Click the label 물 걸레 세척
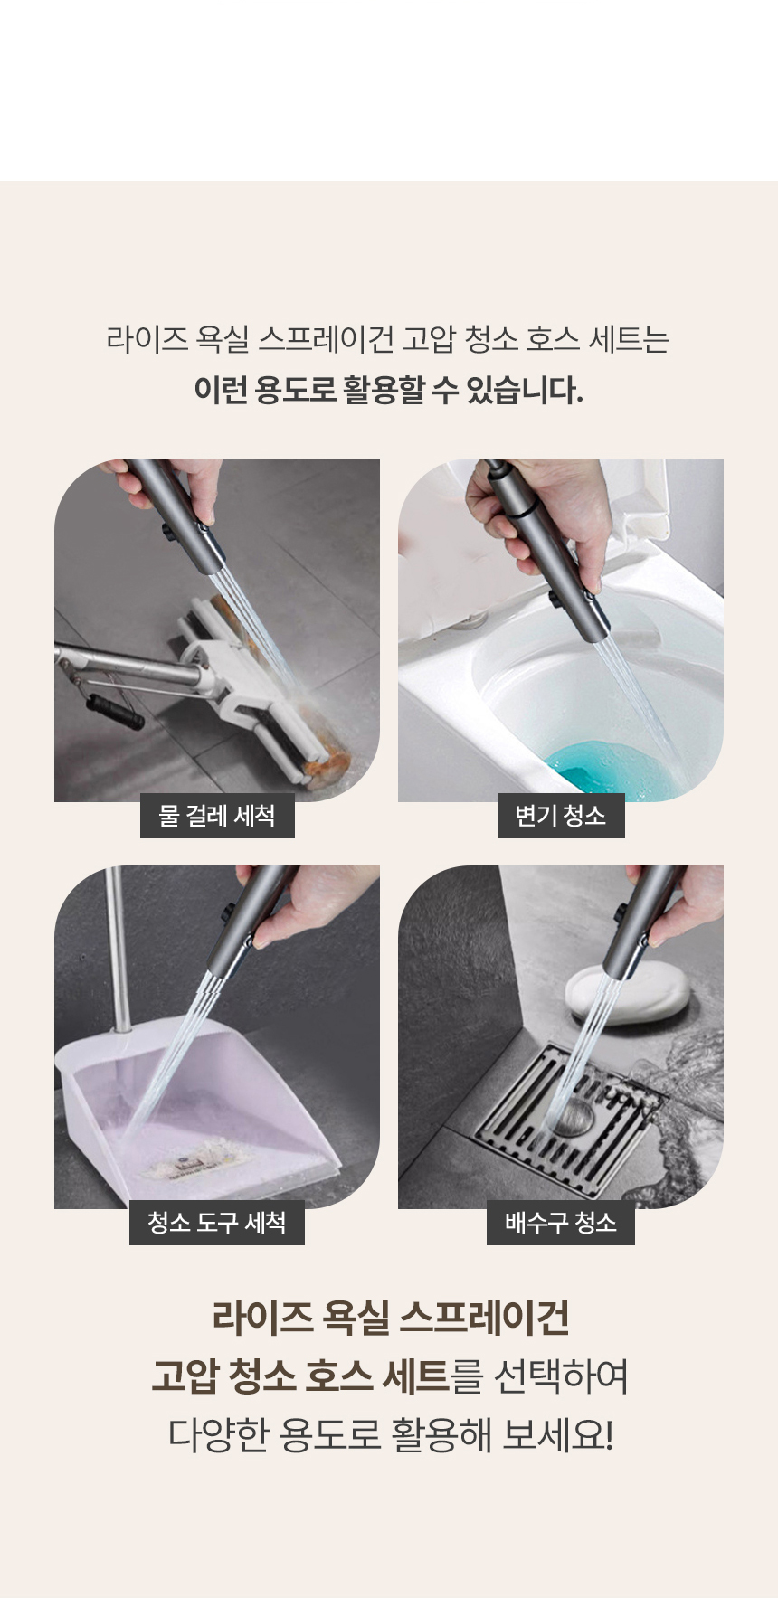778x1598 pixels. click(x=217, y=816)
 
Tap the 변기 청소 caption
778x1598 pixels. click(x=561, y=816)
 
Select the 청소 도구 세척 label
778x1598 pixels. click(x=217, y=1223)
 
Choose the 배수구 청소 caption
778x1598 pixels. click(x=561, y=1223)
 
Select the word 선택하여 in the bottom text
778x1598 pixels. click(x=562, y=1376)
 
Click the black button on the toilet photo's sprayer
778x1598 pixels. click(x=553, y=599)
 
